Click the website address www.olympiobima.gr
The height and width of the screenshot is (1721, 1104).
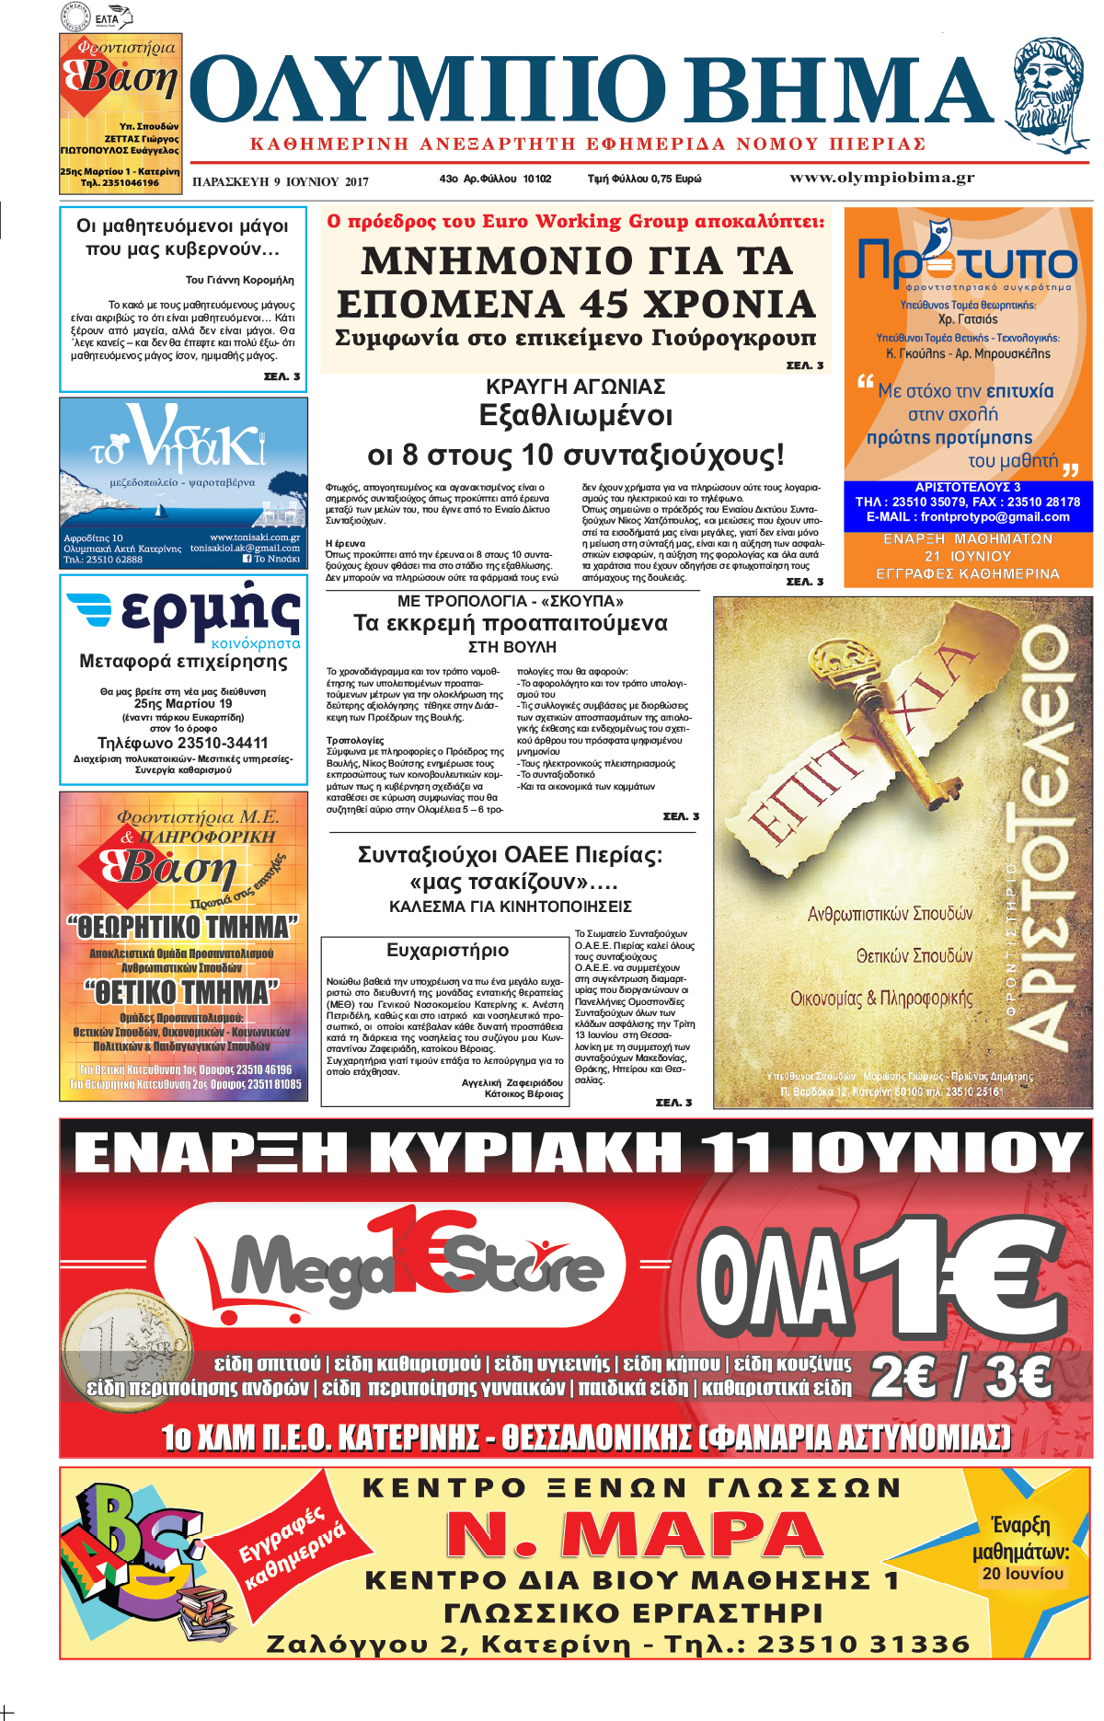(x=881, y=178)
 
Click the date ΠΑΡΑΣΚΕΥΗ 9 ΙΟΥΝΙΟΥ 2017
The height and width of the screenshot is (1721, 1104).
(x=280, y=181)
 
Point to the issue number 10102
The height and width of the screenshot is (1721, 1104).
(x=537, y=179)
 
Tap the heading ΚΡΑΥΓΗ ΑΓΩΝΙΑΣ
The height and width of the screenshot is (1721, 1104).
(x=575, y=387)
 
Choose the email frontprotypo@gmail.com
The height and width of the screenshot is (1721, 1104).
(x=995, y=516)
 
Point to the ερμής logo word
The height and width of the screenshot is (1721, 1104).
(x=211, y=610)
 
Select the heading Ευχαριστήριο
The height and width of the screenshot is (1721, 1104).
(x=447, y=950)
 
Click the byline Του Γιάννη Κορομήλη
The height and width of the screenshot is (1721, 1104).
(x=239, y=280)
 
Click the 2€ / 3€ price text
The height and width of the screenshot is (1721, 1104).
(x=960, y=1377)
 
